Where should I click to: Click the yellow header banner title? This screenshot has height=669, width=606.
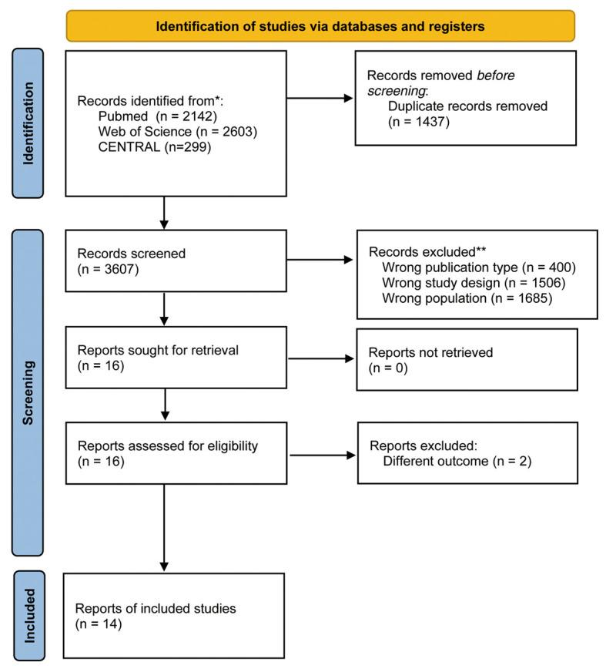(320, 26)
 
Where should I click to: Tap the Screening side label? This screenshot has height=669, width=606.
(29, 393)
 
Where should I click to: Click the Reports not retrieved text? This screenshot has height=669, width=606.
(431, 352)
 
